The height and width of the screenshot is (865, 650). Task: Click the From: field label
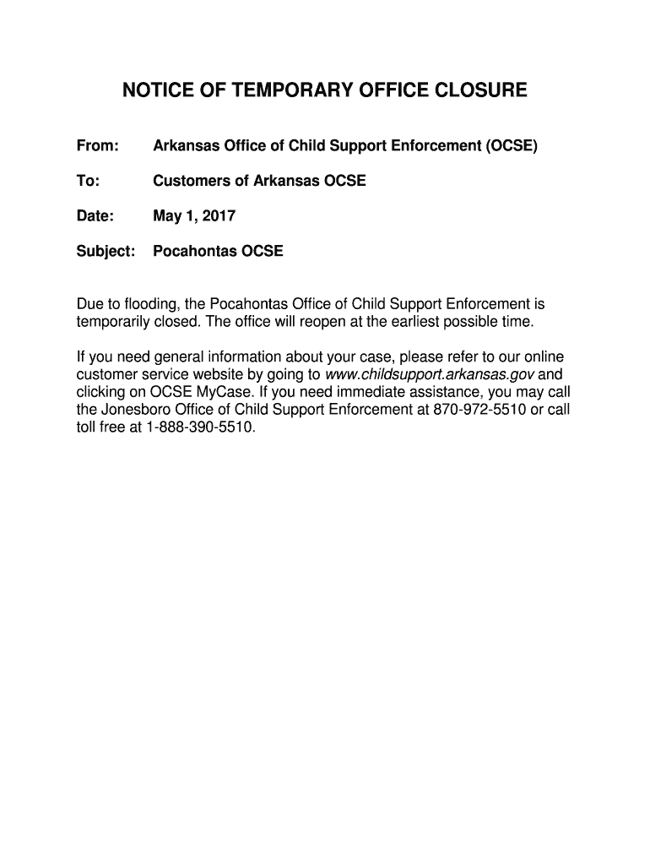[96, 146]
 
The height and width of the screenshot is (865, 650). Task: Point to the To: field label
[88, 181]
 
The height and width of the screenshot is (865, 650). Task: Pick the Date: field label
[95, 216]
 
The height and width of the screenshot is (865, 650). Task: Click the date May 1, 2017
[193, 216]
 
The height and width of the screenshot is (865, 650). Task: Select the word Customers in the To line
[193, 181]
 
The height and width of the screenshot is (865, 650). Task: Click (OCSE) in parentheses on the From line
[510, 146]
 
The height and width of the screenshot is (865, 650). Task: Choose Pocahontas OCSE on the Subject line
[218, 251]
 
